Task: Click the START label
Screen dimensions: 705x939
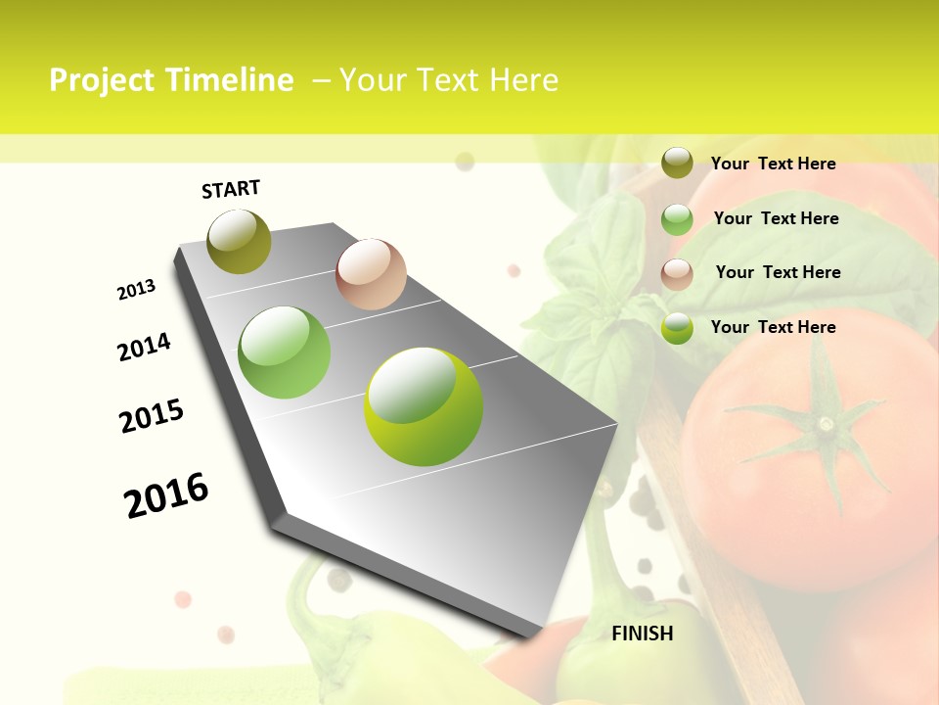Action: click(231, 189)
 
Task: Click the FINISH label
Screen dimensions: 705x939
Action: click(642, 634)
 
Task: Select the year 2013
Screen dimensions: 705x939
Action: click(136, 290)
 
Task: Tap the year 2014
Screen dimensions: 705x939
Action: click(144, 347)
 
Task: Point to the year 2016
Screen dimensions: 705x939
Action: click(166, 494)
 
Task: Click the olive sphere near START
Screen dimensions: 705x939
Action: click(240, 242)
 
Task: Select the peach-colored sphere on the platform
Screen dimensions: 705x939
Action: click(371, 274)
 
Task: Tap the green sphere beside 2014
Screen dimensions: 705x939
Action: click(284, 352)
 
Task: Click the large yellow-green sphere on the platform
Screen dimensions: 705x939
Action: click(423, 406)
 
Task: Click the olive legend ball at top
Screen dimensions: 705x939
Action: click(677, 163)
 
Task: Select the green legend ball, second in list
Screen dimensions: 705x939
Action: click(677, 219)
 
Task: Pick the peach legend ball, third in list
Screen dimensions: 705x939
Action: click(677, 273)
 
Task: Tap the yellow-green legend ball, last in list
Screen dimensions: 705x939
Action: click(677, 328)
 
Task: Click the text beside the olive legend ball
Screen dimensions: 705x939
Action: click(773, 164)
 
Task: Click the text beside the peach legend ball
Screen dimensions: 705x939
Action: click(778, 272)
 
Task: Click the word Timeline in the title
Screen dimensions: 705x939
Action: click(231, 80)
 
